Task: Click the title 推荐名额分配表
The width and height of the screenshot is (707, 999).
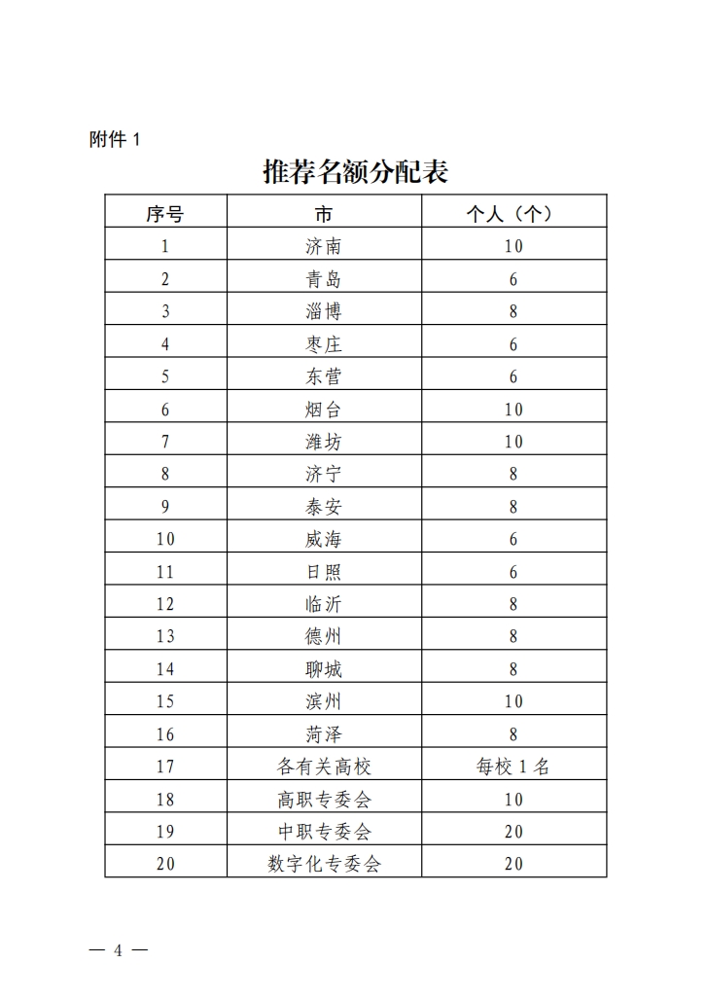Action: [355, 172]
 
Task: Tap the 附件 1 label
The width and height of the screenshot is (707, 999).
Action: [115, 139]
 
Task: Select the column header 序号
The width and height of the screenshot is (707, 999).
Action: [165, 213]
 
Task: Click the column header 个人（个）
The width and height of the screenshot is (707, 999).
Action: [513, 213]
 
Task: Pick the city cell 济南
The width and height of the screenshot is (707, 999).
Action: [324, 246]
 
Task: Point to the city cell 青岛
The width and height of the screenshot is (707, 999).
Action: [324, 279]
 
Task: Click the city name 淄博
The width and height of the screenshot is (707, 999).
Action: [324, 311]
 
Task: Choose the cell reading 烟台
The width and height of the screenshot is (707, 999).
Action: [324, 409]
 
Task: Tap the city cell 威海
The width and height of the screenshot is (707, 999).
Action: [324, 539]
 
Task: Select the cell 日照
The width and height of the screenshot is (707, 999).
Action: [324, 571]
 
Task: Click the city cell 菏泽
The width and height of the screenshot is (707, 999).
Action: [324, 733]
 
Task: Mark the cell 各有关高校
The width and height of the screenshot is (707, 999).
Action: [324, 767]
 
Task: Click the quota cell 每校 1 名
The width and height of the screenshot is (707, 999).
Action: [513, 767]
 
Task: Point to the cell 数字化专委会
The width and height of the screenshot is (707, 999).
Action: [324, 864]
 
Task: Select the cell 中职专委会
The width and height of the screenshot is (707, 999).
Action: [324, 831]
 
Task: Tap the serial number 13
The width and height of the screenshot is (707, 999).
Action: [165, 636]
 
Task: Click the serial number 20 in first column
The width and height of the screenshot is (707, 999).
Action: [165, 864]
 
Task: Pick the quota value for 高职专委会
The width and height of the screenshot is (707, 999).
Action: [513, 799]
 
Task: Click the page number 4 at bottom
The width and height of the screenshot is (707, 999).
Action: [119, 950]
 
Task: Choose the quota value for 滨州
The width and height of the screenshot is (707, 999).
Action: [513, 701]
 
